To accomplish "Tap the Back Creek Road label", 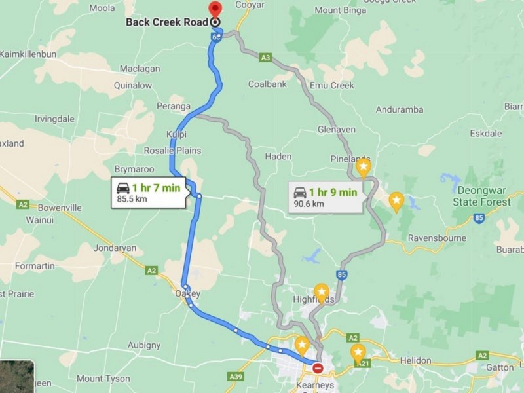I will (167, 22).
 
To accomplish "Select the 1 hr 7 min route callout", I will (149, 193).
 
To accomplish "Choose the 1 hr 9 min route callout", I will (326, 197).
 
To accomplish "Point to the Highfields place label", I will (314, 300).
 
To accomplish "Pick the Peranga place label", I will (174, 106).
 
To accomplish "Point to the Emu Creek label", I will (333, 85).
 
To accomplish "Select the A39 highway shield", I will (237, 376).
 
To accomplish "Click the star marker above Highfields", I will (321, 290).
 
